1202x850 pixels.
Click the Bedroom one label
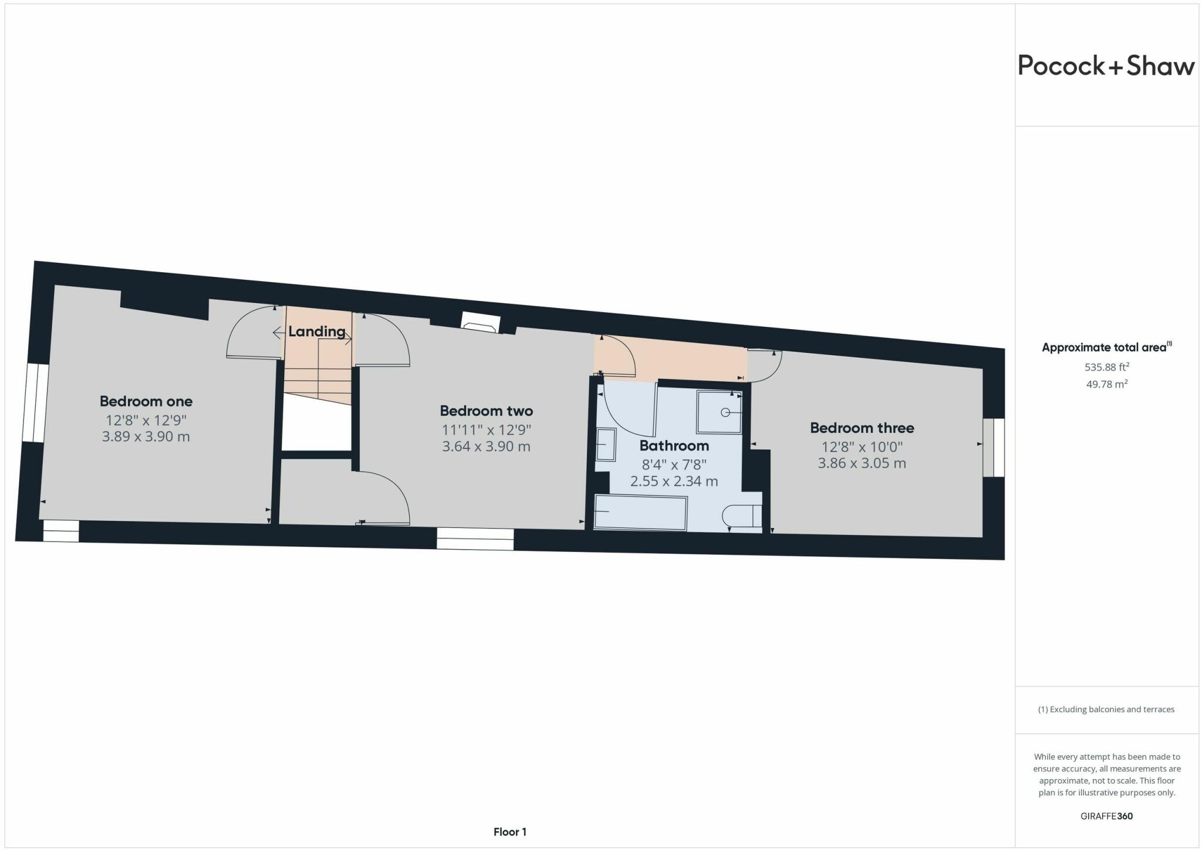(x=146, y=401)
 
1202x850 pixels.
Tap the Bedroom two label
(x=486, y=411)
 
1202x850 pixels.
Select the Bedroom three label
(x=862, y=428)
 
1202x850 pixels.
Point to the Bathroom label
(x=674, y=445)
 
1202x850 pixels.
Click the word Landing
(x=316, y=331)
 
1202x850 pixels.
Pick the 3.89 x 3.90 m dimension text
(x=146, y=436)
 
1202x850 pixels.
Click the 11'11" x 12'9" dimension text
(x=486, y=429)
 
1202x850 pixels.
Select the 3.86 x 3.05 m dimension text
(x=862, y=463)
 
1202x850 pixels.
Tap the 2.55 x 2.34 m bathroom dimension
(x=674, y=482)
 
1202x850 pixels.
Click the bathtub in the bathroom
(x=640, y=513)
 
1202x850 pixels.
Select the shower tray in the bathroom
(x=719, y=412)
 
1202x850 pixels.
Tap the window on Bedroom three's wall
(x=994, y=447)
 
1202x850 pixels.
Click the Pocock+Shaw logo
(x=1106, y=66)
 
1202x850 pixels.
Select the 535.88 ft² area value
(x=1106, y=367)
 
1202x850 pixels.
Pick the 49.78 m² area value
(x=1106, y=384)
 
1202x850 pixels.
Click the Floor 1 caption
(x=509, y=832)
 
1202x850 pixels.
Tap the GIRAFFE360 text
(x=1106, y=816)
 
